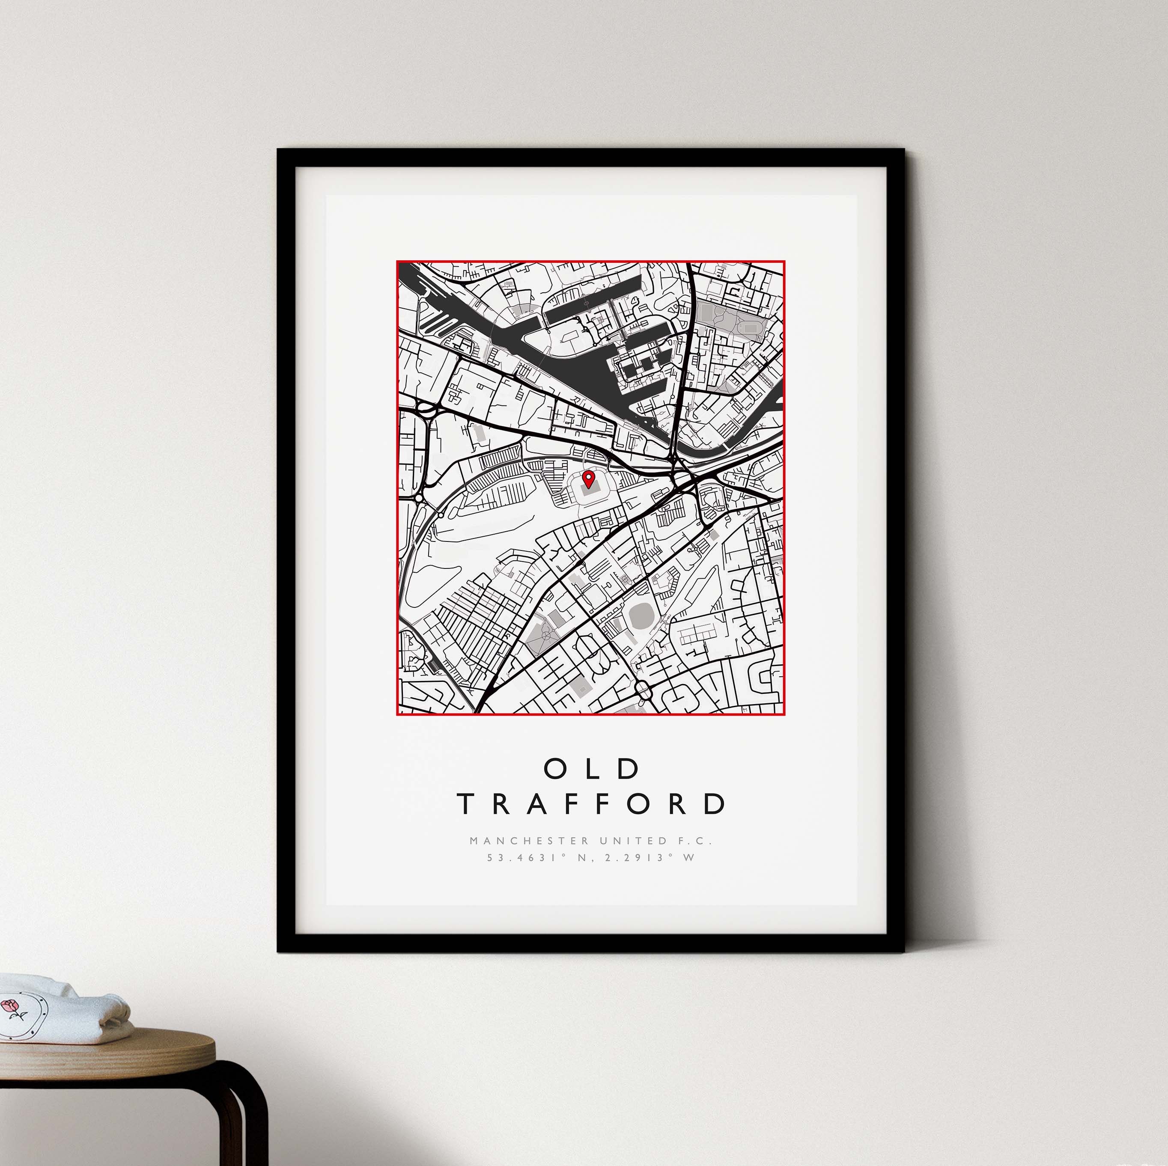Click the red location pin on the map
point(587,480)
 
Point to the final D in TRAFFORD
point(716,804)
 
